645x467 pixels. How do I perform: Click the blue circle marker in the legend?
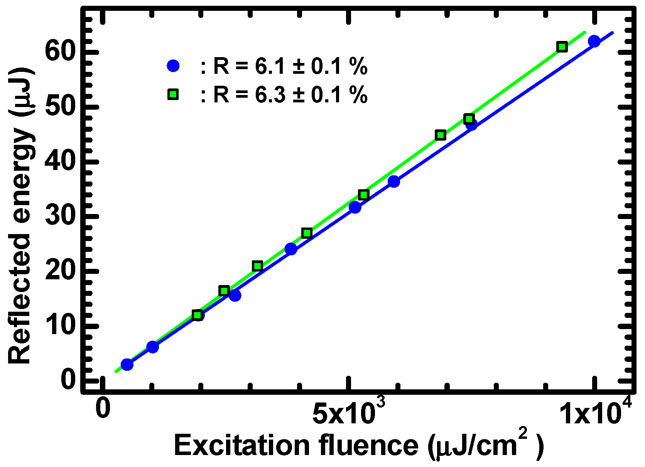[x=173, y=66]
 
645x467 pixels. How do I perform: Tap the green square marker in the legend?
[x=173, y=94]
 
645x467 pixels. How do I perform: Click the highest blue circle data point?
[x=594, y=41]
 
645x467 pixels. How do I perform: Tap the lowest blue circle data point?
[x=127, y=364]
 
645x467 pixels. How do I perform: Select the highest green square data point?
[x=562, y=47]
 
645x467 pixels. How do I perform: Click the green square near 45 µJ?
[x=441, y=135]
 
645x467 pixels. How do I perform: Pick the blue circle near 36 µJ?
[x=394, y=181]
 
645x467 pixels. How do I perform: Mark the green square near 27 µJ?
[x=307, y=233]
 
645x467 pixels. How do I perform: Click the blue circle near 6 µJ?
[x=153, y=347]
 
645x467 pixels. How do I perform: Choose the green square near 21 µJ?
[x=258, y=266]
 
